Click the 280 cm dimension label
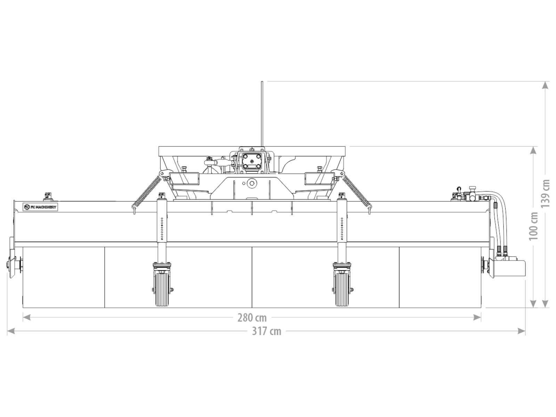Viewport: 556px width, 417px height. pyautogui.click(x=252, y=317)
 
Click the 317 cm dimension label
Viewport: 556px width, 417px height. pyautogui.click(x=267, y=331)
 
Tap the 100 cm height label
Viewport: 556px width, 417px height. pyautogui.click(x=533, y=226)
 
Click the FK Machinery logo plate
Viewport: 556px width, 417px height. pyautogui.click(x=41, y=207)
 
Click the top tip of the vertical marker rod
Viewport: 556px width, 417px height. pyautogui.click(x=262, y=82)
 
